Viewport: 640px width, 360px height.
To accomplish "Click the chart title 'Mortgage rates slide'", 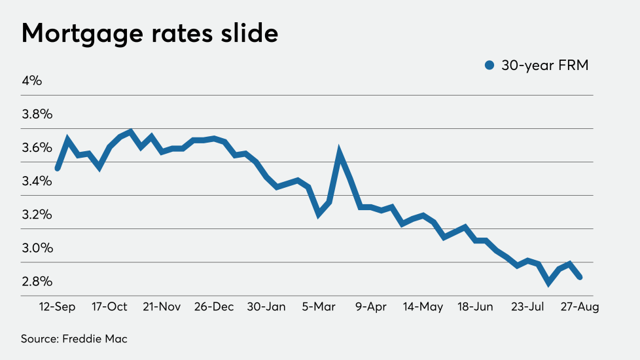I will [149, 33].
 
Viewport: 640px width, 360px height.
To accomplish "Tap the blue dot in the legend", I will [489, 65].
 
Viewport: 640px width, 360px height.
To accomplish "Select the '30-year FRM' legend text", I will [544, 65].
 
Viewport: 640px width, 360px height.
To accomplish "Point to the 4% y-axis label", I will [31, 81].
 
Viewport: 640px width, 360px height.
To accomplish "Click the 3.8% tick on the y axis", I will [37, 114].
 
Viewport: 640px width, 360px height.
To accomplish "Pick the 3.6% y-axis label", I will [37, 147].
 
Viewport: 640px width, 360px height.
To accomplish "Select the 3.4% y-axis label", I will [37, 181].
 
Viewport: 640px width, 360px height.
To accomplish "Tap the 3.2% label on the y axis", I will [37, 214].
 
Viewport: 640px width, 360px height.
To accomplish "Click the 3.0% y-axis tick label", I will [37, 247].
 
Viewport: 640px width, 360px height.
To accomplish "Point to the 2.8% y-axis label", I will [37, 281].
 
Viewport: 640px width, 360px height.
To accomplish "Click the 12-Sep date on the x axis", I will [58, 307].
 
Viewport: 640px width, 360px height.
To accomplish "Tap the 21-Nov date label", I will [161, 307].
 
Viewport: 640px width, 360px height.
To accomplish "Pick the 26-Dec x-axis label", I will [214, 307].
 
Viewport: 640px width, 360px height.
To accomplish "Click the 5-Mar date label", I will [319, 307].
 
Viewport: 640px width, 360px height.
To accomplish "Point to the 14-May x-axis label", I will [422, 307].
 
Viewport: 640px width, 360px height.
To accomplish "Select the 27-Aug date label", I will [578, 307].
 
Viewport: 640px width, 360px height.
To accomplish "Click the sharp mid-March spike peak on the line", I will [340, 153].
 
